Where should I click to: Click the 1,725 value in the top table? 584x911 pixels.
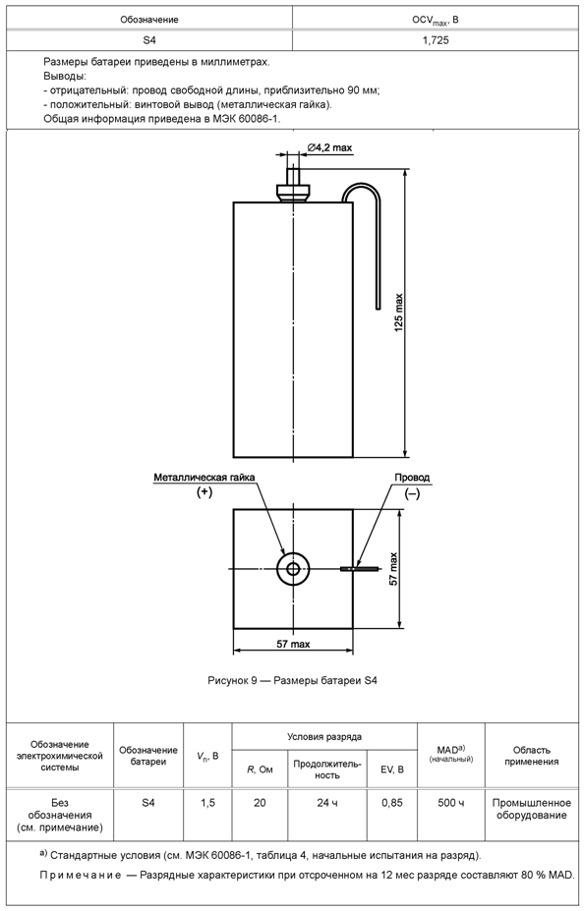(x=436, y=40)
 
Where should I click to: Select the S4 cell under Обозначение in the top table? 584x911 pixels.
(x=149, y=40)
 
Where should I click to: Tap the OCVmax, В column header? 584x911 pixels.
(x=436, y=20)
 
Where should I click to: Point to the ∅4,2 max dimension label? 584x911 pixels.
(x=329, y=148)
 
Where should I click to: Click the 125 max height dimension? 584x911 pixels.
(x=399, y=313)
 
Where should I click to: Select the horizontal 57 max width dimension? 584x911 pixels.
(x=293, y=644)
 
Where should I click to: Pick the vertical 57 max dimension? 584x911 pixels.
(x=394, y=568)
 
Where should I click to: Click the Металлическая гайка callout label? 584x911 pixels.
(x=204, y=478)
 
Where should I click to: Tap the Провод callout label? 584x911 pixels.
(x=412, y=478)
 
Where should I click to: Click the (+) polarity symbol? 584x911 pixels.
(x=204, y=492)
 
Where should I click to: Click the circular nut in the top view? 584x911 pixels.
(x=293, y=568)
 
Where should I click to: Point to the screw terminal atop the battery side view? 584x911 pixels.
(x=293, y=184)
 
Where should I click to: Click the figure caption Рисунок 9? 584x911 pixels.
(x=292, y=680)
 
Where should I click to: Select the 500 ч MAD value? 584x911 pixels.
(x=451, y=803)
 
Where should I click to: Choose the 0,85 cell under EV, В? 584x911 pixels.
(x=392, y=803)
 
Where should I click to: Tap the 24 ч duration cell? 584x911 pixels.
(x=327, y=803)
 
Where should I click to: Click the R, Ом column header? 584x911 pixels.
(x=260, y=769)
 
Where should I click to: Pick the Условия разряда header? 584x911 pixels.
(x=324, y=737)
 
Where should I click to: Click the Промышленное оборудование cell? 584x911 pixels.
(x=532, y=810)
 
